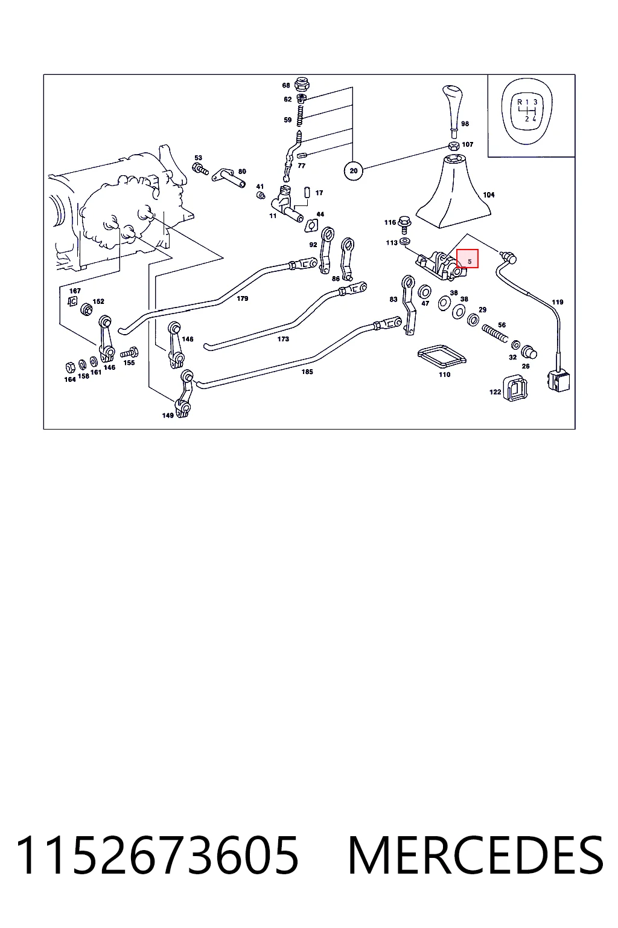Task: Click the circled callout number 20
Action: click(x=353, y=171)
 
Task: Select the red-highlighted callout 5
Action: click(x=467, y=259)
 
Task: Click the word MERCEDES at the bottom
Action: click(x=476, y=855)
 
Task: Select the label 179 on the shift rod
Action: click(x=242, y=298)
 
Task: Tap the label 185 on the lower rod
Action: click(x=307, y=372)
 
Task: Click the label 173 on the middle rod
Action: click(x=282, y=339)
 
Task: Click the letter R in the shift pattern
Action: click(x=520, y=102)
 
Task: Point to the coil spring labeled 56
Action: click(x=494, y=334)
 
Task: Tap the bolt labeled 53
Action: click(x=200, y=169)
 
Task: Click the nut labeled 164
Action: click(x=71, y=367)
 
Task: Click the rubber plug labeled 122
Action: click(x=515, y=388)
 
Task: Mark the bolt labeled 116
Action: click(x=404, y=225)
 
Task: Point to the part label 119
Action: click(x=557, y=302)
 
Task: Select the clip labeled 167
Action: click(x=72, y=301)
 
